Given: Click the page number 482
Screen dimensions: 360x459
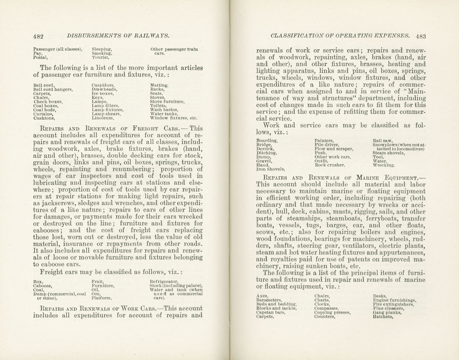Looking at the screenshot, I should (38, 36).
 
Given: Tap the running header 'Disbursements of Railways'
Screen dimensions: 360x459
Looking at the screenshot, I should (118, 36).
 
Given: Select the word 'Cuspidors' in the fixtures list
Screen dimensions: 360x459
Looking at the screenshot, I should (103, 85).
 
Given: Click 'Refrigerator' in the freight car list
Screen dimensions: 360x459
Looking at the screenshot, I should (164, 281).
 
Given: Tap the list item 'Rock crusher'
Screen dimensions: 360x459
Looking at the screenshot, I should (329, 165).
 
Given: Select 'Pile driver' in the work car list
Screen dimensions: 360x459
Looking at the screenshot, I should (327, 145).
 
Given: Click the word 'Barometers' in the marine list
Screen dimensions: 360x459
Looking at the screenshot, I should (269, 300).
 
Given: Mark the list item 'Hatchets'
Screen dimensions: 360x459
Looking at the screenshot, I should (383, 316).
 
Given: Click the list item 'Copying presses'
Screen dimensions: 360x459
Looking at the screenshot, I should (332, 312).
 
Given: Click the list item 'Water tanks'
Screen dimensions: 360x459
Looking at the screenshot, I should (164, 114).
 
